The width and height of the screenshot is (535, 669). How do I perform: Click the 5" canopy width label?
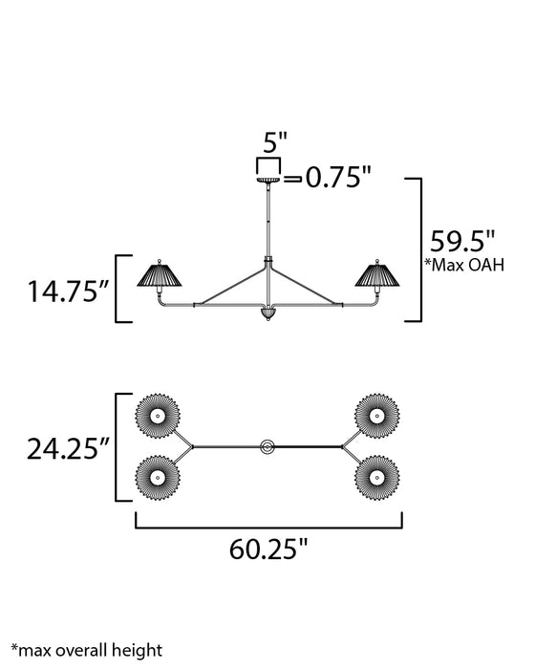point(274,143)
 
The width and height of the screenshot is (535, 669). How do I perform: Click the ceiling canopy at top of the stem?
point(267,179)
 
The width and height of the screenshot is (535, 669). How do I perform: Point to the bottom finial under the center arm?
point(267,315)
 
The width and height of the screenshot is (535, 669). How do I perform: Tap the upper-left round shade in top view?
point(157,413)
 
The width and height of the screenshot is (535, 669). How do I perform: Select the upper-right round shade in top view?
point(376,413)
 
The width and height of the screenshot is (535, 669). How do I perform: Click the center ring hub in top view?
point(268,445)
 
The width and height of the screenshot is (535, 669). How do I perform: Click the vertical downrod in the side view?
point(267,220)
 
